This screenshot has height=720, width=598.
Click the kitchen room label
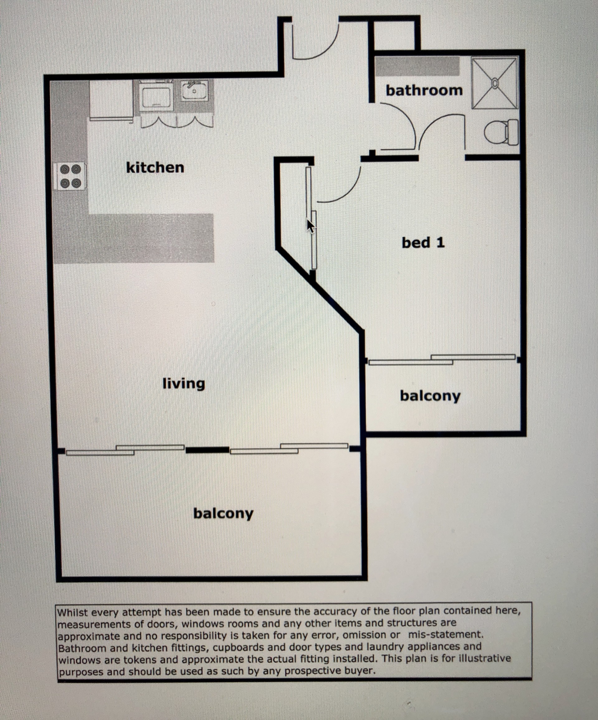tap(155, 168)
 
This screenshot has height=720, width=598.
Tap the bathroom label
tap(424, 91)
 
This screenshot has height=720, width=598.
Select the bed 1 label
tap(423, 243)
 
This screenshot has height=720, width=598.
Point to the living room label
tap(183, 384)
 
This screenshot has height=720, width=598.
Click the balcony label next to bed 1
tap(430, 396)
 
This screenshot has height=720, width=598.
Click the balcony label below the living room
tap(223, 513)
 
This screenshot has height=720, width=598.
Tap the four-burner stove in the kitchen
tap(70, 176)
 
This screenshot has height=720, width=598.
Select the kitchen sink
tap(194, 91)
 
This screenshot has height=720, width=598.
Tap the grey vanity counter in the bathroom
tap(417, 67)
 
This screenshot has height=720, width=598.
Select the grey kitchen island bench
tap(134, 238)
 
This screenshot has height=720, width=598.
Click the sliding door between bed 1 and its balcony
tap(442, 359)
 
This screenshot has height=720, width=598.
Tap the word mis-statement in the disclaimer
tap(446, 634)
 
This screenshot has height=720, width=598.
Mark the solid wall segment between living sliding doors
tap(207, 450)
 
